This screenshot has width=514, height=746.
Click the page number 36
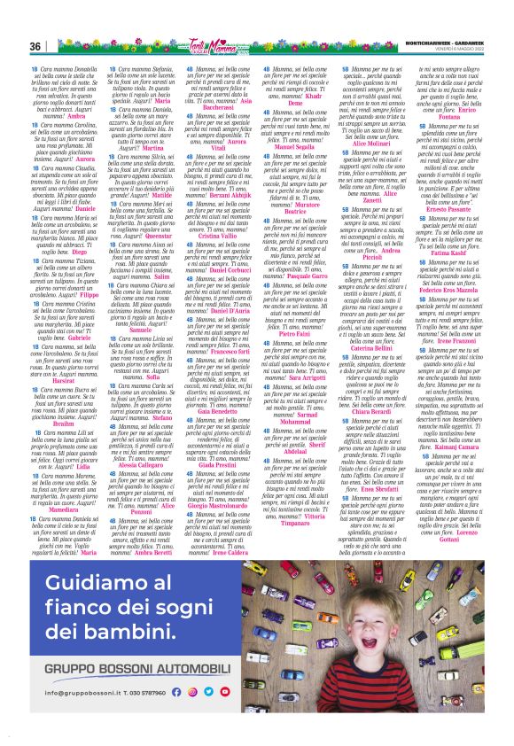35,46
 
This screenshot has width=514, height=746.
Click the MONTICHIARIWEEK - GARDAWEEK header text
443,43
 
